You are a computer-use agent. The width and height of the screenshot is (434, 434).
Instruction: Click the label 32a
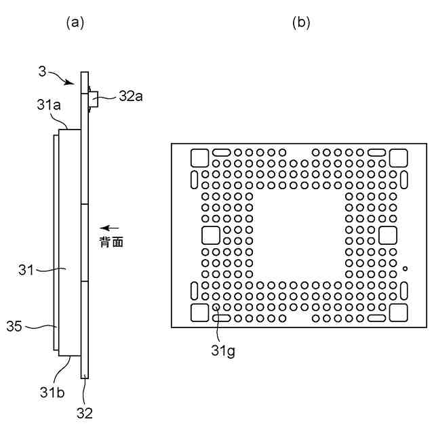(130, 96)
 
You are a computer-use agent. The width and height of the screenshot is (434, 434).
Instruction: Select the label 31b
(52, 391)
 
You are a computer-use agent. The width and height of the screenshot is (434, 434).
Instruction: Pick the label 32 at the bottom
(84, 412)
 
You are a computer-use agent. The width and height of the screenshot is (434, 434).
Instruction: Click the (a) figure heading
(75, 22)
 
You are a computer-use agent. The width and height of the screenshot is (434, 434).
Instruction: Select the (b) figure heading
(301, 22)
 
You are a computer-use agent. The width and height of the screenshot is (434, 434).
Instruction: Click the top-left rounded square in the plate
(200, 157)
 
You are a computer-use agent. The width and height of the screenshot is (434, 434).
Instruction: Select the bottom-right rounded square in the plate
(397, 312)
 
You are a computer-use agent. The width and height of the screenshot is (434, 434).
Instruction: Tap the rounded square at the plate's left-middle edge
(210, 235)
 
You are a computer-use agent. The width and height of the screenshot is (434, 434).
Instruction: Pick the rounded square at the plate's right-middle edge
(388, 235)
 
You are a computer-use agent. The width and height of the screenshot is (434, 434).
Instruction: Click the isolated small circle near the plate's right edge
(405, 269)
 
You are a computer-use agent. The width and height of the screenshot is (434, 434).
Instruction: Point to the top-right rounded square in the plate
(397, 157)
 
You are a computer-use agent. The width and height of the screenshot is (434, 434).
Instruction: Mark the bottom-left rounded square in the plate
(200, 312)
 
